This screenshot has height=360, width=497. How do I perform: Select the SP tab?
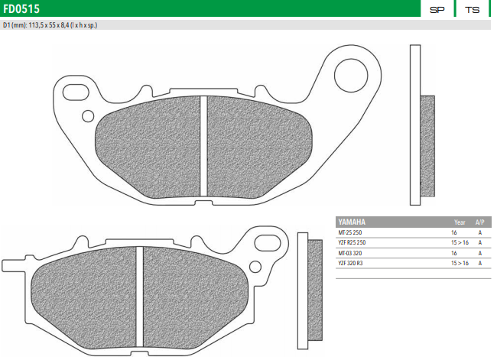tap(437, 10)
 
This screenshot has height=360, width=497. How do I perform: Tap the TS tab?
tap(473, 10)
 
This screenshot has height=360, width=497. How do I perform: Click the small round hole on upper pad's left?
tap(88, 116)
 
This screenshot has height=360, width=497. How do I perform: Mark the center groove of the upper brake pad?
tap(203, 145)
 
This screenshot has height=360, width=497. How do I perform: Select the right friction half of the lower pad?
tap(191, 294)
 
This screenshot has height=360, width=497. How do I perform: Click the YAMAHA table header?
tap(353, 222)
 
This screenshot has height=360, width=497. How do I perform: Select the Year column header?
tap(460, 222)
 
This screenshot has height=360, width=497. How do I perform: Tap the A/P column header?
tap(479, 222)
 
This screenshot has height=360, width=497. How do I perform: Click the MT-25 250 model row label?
tap(352, 232)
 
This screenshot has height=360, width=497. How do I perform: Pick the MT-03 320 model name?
tap(352, 252)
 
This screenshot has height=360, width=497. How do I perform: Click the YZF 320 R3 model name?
tap(352, 263)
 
